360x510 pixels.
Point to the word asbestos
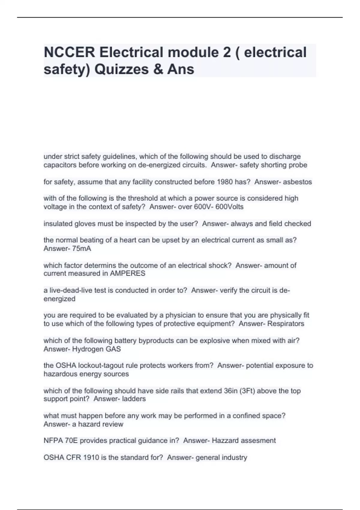[297, 182]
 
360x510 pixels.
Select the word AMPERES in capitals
[128, 273]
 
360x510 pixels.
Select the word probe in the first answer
[299, 165]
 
